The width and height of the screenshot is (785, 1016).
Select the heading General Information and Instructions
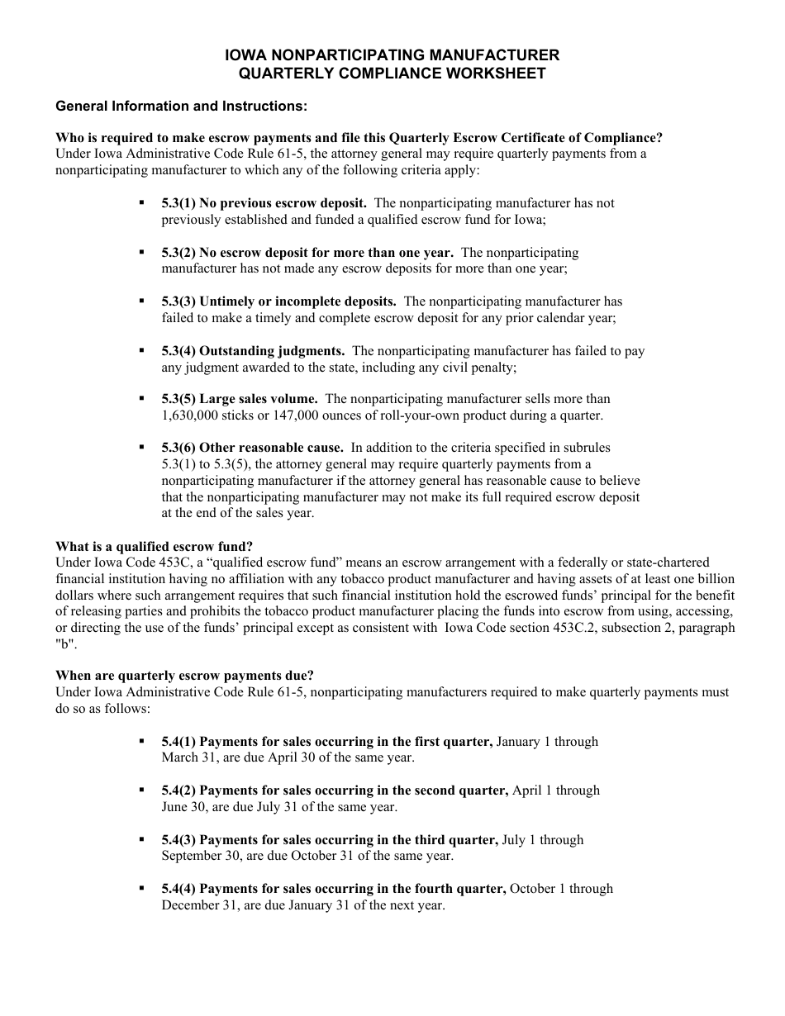point(181,107)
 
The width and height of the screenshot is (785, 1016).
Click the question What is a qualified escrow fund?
point(155,547)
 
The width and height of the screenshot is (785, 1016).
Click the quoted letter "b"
point(64,644)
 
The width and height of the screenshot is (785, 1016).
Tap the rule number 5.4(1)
point(178,742)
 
